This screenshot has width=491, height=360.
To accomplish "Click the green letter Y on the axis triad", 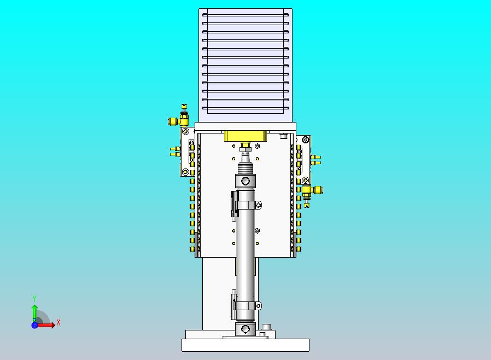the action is click(34, 298).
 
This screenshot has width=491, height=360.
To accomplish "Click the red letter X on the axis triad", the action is click(59, 322).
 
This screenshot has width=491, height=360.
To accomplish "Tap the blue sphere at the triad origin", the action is click(34, 325).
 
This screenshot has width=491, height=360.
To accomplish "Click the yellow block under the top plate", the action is click(245, 136).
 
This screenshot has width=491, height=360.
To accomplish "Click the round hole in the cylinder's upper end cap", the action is click(245, 181).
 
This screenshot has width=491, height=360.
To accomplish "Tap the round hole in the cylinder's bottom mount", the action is click(245, 329).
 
